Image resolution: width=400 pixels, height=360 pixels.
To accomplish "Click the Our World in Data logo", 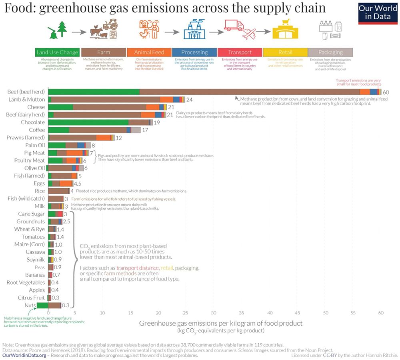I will tap(378, 13).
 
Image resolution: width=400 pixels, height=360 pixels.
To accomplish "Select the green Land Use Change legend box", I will tap(57, 52).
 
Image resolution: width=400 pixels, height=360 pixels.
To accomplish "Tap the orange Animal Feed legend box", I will tap(149, 52).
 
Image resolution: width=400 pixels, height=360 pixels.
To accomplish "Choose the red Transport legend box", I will tap(240, 52).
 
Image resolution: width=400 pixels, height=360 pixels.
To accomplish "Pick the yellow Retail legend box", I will tap(285, 52).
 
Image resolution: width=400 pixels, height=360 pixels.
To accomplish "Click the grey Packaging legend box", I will tap(330, 52).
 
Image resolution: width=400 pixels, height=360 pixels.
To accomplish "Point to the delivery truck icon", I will tap(234, 26).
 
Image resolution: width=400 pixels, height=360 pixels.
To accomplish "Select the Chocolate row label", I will tap(33, 122).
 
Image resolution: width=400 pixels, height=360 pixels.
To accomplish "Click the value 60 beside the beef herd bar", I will tap(386, 92).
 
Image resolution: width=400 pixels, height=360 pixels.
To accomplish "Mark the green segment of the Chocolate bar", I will tap(88, 122).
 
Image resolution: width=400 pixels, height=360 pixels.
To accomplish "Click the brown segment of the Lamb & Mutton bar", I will tap(106, 99).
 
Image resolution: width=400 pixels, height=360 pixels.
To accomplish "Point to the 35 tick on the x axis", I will tap(242, 313).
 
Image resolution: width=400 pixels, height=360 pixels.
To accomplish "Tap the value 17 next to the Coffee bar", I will tap(145, 130).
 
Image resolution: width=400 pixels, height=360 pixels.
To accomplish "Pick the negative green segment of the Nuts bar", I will tap(42, 306).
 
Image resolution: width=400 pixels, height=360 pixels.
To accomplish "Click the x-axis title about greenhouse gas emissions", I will tap(220, 323).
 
